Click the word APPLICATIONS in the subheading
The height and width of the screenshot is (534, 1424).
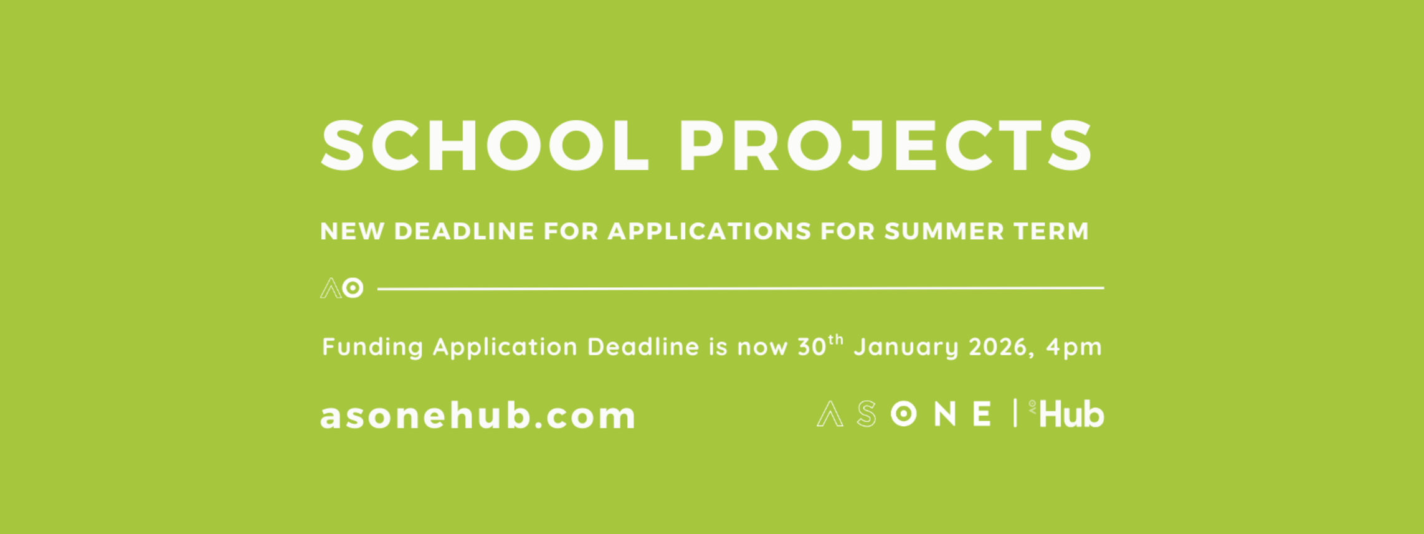coord(710,231)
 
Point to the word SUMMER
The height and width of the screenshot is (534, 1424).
coord(944,231)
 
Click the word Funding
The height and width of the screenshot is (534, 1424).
coord(373,347)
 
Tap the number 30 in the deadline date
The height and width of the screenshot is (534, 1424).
coord(812,347)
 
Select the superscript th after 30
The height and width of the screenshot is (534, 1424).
coord(836,340)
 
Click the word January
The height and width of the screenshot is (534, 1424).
coord(906,348)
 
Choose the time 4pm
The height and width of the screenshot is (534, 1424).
coord(1074,348)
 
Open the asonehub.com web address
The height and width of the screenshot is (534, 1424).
coord(478,415)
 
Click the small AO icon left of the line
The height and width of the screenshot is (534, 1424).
coord(341,288)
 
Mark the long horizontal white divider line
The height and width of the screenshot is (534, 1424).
coord(741,288)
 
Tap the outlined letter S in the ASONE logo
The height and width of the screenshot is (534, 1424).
coord(866,414)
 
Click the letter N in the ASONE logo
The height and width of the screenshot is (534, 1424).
coord(945,414)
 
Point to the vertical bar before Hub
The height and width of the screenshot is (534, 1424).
coord(1015,412)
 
